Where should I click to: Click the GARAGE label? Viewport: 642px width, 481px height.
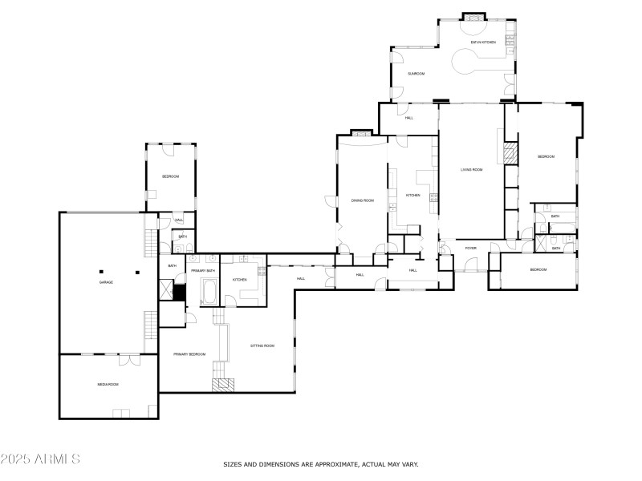pos(105,282)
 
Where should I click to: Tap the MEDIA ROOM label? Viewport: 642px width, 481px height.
pos(108,385)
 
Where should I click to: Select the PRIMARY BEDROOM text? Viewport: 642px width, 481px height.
pos(189,354)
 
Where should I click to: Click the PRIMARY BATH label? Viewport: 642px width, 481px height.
pos(203,271)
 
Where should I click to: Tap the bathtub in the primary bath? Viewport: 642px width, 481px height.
pos(209,292)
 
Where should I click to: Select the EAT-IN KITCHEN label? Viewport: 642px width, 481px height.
pos(483,42)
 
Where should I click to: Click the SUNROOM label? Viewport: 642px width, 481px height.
pos(416,74)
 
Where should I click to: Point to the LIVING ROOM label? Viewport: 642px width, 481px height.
pos(471,170)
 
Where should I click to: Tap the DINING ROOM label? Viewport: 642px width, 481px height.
pos(363,200)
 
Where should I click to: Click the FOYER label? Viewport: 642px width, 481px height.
pos(470,249)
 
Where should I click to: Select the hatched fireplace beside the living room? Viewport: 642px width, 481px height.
pos(510,154)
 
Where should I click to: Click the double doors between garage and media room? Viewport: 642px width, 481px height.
pos(128,358)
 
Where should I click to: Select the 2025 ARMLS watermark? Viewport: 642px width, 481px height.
pos(40,459)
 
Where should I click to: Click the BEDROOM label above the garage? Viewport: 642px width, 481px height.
pos(170,176)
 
